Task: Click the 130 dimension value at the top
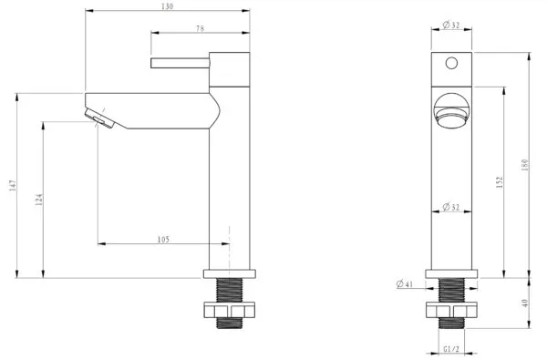[x=167, y=6]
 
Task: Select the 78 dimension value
[x=200, y=28]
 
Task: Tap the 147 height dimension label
[x=13, y=185]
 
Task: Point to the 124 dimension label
[x=39, y=200]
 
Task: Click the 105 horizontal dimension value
[x=163, y=240]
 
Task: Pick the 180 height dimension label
[x=525, y=165]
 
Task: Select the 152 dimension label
[x=500, y=182]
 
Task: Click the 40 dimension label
[x=525, y=303]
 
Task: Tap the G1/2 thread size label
[x=451, y=348]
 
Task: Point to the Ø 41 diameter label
[x=405, y=284]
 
